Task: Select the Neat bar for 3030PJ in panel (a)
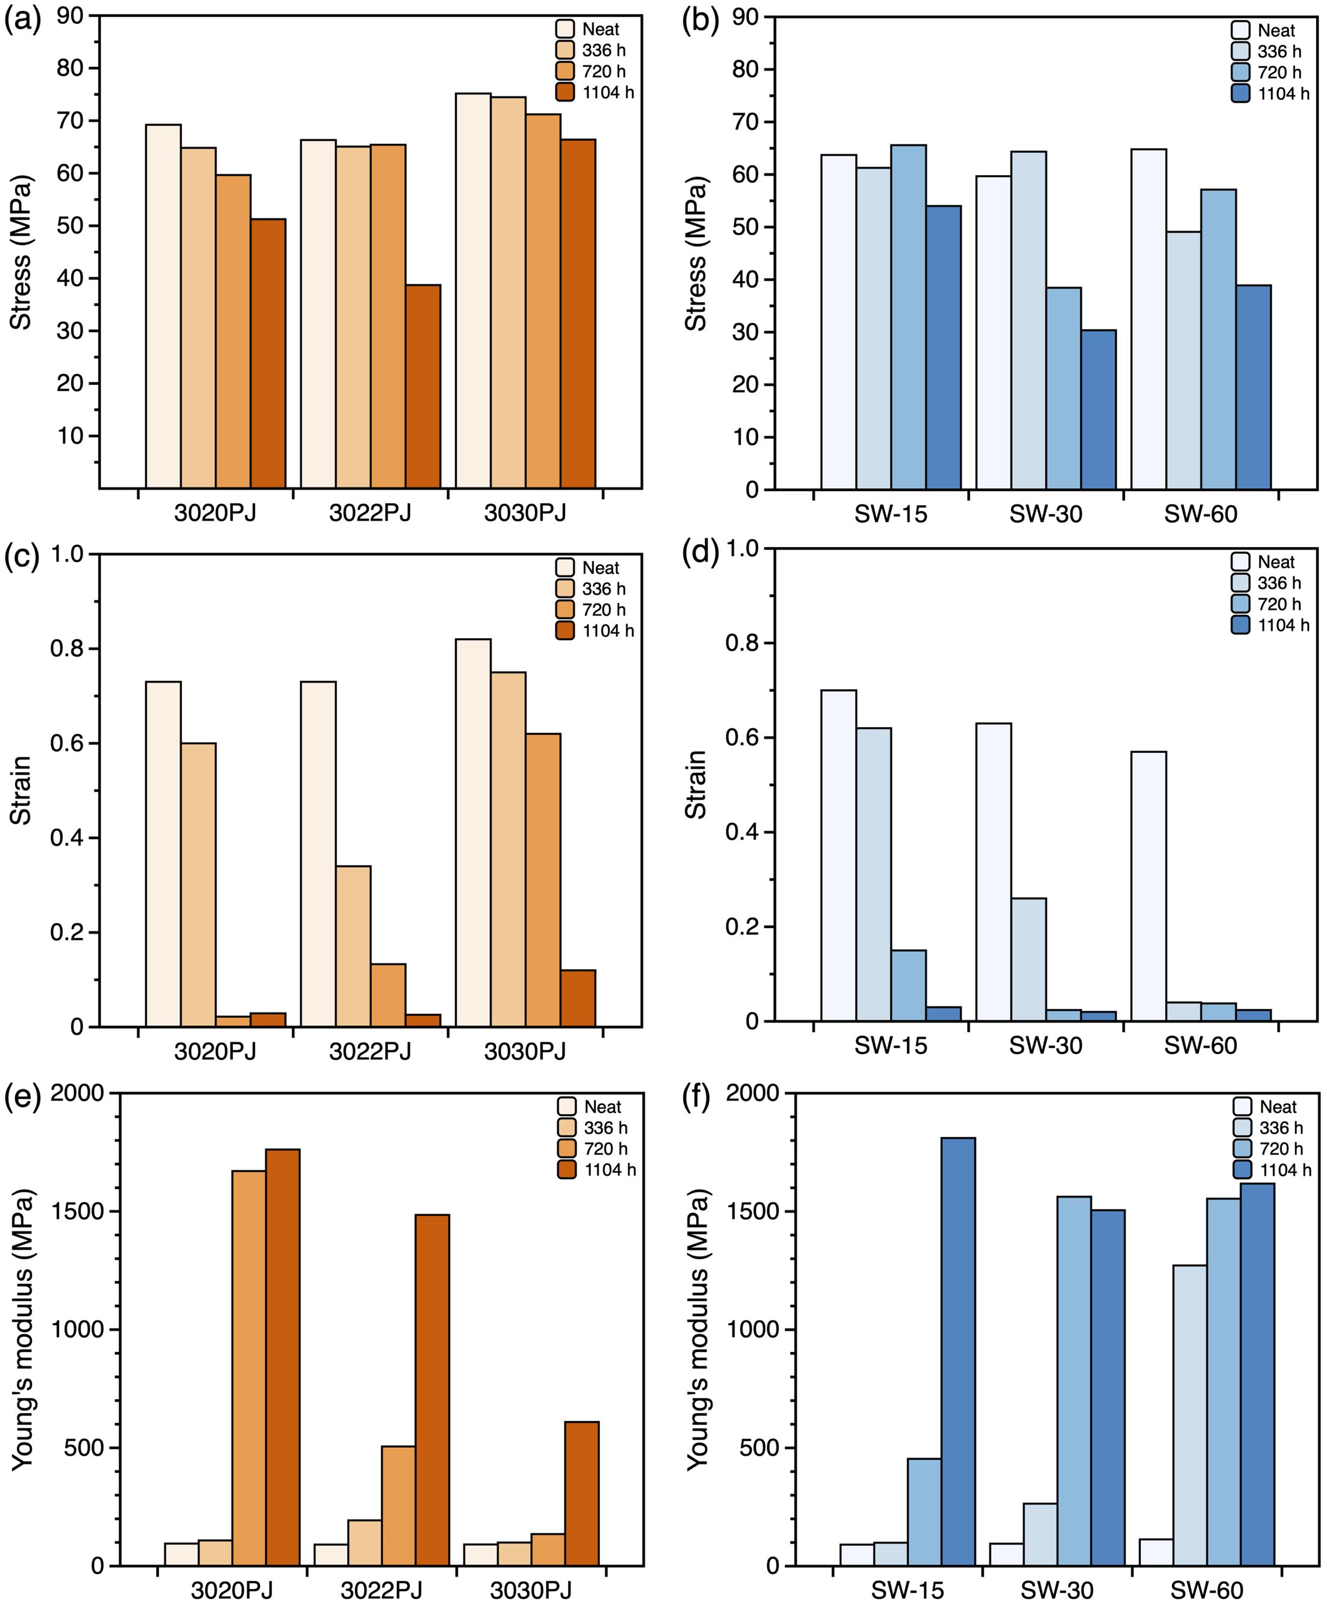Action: [473, 291]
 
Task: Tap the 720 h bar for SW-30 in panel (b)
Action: [1064, 388]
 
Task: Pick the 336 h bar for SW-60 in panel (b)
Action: [1183, 360]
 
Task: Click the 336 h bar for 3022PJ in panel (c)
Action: [353, 946]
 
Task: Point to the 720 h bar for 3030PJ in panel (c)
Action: [543, 880]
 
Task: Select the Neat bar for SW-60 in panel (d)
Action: [1148, 886]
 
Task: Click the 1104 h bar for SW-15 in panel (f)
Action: [958, 1351]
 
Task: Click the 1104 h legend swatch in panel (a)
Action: [565, 93]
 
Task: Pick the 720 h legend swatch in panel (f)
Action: [1242, 1149]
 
